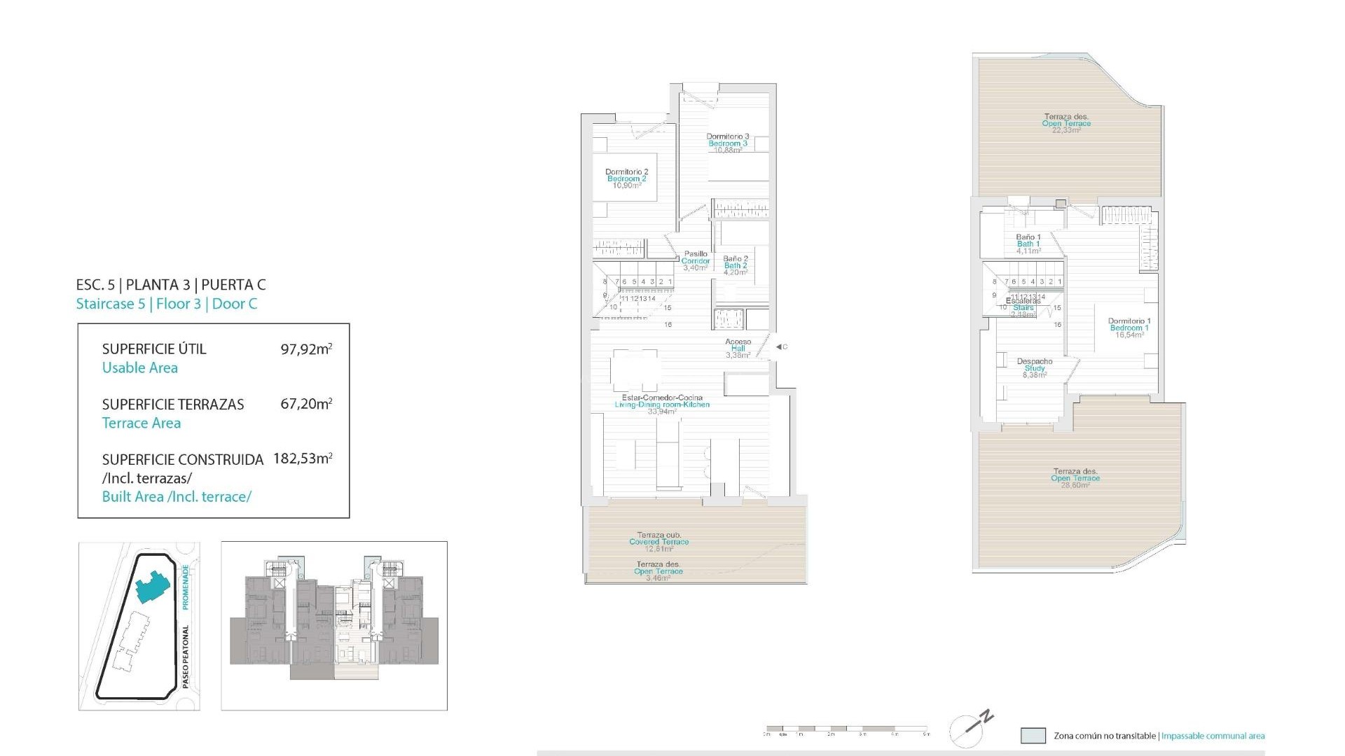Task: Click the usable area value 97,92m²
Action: [306, 349]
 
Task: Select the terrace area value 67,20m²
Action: [306, 404]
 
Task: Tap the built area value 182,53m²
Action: [303, 458]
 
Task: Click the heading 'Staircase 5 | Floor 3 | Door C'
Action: [167, 304]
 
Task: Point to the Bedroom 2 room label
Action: [626, 178]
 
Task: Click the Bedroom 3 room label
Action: [727, 143]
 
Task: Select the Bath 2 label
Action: [735, 265]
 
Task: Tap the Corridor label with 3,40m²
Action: [696, 260]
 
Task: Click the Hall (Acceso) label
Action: [738, 348]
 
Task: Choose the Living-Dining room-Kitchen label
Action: [662, 405]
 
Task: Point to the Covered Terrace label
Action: [658, 542]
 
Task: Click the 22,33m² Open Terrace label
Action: [1066, 123]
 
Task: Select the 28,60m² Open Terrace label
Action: [1075, 478]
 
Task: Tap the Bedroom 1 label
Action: [1129, 328]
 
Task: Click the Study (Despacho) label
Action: [1035, 368]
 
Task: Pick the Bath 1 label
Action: [1028, 244]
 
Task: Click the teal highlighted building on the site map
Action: [152, 586]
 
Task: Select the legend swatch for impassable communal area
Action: [1033, 736]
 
